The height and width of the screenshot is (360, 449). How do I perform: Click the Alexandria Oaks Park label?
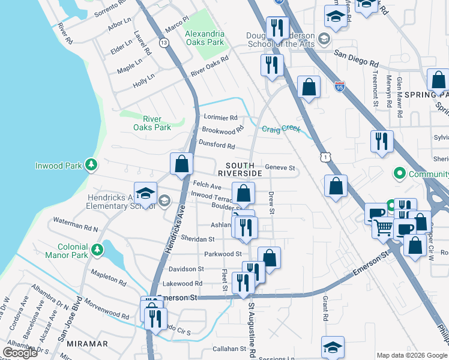coord(204,38)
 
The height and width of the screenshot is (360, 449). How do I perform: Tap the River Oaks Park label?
coord(152,123)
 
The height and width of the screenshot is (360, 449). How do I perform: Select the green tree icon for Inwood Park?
coord(91,164)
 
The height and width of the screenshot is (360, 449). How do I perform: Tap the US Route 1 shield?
coord(325,156)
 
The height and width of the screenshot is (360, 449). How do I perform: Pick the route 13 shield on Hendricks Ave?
coord(163,43)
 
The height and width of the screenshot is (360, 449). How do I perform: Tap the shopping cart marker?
coord(382,227)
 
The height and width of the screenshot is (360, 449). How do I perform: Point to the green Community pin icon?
coord(398,174)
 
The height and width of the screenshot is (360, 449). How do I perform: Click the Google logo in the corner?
coord(20,352)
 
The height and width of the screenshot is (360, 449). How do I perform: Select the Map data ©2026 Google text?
coord(412,355)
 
